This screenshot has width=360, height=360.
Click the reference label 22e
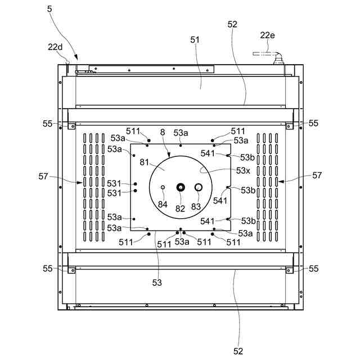[267, 35]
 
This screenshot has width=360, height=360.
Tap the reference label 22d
[55, 47]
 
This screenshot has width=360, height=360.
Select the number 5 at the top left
[49, 10]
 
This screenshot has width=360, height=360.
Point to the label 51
[195, 39]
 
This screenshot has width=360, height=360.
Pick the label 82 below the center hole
[180, 208]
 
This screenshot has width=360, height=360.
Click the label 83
[196, 206]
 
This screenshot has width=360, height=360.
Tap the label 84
[163, 204]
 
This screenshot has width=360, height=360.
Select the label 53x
[243, 170]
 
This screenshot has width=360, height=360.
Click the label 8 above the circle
[163, 132]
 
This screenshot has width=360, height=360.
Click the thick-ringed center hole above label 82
[181, 187]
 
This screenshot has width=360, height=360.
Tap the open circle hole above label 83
[198, 187]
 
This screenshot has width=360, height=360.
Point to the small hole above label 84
[163, 187]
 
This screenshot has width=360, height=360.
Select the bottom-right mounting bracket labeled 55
[289, 270]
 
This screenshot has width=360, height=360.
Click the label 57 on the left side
[43, 177]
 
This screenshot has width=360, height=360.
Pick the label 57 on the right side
[317, 175]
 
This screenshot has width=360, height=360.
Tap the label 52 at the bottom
[238, 351]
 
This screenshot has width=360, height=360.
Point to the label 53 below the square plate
[157, 282]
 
